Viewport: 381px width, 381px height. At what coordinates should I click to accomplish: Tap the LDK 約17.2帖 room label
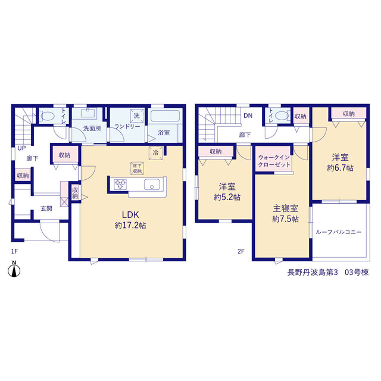130,220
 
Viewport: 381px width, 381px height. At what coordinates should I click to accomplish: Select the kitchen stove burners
120,184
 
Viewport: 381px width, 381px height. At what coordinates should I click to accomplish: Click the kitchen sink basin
152,184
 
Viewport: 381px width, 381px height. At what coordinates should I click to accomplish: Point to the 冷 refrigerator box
155,153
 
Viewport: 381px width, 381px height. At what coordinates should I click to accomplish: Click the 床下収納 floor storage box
137,168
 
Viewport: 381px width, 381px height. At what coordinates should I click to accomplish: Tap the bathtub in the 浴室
165,115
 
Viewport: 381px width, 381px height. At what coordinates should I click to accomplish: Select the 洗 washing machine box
137,115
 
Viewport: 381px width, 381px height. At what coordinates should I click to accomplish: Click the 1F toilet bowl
47,115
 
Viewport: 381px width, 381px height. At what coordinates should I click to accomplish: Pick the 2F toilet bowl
282,115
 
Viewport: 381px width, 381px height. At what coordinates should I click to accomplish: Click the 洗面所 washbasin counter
88,113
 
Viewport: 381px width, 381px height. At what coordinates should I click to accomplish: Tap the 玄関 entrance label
46,208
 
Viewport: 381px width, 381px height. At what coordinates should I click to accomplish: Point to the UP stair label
21,148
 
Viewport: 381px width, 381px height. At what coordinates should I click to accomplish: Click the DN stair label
248,116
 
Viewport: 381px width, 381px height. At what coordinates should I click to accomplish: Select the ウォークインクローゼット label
274,161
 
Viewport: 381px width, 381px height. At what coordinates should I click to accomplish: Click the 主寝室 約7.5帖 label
286,214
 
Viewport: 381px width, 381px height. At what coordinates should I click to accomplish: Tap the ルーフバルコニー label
339,232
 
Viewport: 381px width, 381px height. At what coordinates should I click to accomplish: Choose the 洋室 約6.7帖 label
340,163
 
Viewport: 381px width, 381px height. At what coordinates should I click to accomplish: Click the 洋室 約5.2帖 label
227,192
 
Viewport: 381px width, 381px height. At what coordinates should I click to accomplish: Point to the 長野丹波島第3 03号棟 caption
328,273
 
